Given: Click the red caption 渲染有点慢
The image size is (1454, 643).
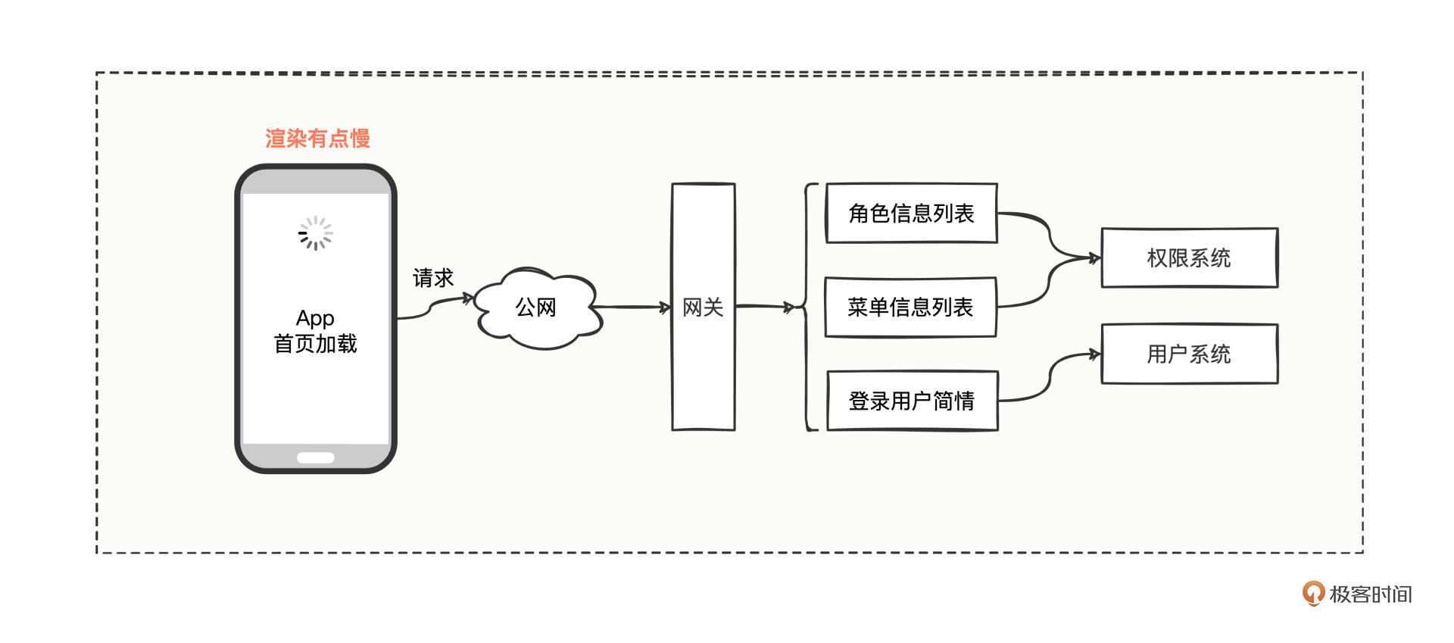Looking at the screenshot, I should pyautogui.click(x=317, y=139).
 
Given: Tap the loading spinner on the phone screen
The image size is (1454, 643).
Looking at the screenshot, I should pyautogui.click(x=315, y=233).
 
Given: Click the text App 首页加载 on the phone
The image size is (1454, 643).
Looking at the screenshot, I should pyautogui.click(x=315, y=331).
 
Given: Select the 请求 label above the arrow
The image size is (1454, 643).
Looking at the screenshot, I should pyautogui.click(x=433, y=278).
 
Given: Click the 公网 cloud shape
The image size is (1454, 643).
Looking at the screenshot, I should pyautogui.click(x=536, y=307).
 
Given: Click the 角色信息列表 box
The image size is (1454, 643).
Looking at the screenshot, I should pyautogui.click(x=911, y=214).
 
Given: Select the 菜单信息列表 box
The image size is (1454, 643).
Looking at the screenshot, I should pyautogui.click(x=910, y=307).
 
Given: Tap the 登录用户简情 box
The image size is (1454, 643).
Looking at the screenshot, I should pyautogui.click(x=912, y=401).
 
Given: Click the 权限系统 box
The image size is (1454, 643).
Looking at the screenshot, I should pyautogui.click(x=1189, y=258).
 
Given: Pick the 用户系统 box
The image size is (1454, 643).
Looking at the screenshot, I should pyautogui.click(x=1189, y=354).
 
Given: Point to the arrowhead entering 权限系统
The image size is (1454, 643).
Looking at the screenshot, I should pyautogui.click(x=1094, y=258).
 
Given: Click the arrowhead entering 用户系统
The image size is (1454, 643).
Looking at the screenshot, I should pyautogui.click(x=1094, y=354).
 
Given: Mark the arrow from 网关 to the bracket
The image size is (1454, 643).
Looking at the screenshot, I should pyautogui.click(x=765, y=307).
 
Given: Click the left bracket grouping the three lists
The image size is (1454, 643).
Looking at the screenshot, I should pyautogui.click(x=809, y=307).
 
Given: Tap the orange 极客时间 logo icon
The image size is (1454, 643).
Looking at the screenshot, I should pyautogui.click(x=1313, y=594).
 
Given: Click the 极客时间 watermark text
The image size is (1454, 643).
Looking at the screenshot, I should pyautogui.click(x=1371, y=595).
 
